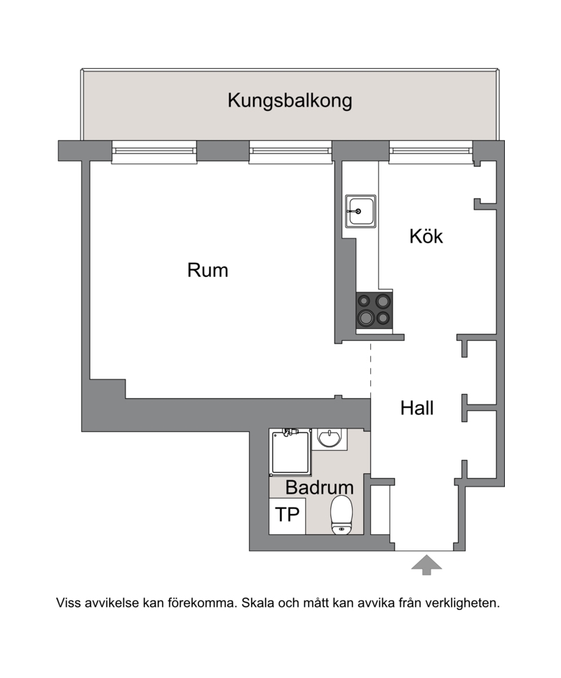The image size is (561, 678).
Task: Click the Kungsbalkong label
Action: click(x=290, y=101)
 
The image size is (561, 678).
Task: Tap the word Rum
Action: click(x=208, y=270)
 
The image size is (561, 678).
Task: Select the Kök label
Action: click(x=426, y=236)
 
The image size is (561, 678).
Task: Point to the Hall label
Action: click(x=417, y=408)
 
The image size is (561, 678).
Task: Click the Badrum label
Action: click(x=320, y=488)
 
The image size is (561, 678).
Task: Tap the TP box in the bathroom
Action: click(x=288, y=516)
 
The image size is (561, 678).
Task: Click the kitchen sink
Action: click(x=360, y=211)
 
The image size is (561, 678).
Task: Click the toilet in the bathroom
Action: click(x=342, y=515)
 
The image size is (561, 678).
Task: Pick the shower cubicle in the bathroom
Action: click(x=290, y=453)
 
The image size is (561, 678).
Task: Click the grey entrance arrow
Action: click(x=426, y=565)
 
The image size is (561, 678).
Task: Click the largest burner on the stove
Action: click(x=365, y=319)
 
